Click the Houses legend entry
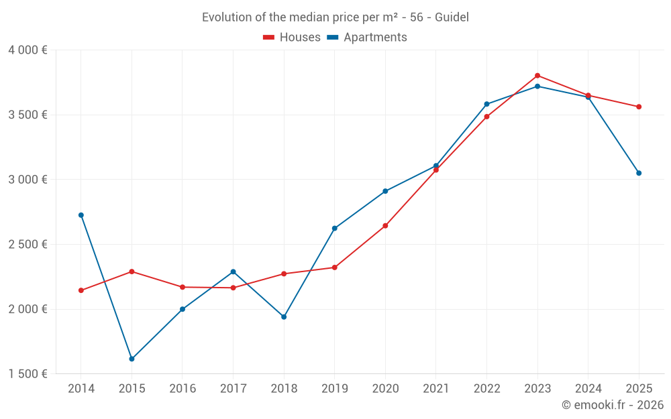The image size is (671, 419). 292,38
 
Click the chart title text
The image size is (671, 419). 335,17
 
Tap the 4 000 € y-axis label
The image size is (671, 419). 28,50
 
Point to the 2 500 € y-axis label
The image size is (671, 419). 28,245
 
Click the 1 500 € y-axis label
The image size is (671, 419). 28,374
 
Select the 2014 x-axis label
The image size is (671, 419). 81,389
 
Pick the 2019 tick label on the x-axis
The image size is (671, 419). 334,389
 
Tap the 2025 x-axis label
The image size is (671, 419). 639,389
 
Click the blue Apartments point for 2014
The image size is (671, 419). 81,215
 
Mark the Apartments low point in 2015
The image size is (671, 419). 132,359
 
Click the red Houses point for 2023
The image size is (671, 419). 537,76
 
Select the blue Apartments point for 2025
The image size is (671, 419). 639,173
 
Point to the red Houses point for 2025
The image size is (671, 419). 639,107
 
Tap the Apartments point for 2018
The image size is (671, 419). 284,316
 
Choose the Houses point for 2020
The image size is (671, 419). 385,226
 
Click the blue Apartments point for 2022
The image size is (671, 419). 486,104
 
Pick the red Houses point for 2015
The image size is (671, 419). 132,272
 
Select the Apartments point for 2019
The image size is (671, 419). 334,229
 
